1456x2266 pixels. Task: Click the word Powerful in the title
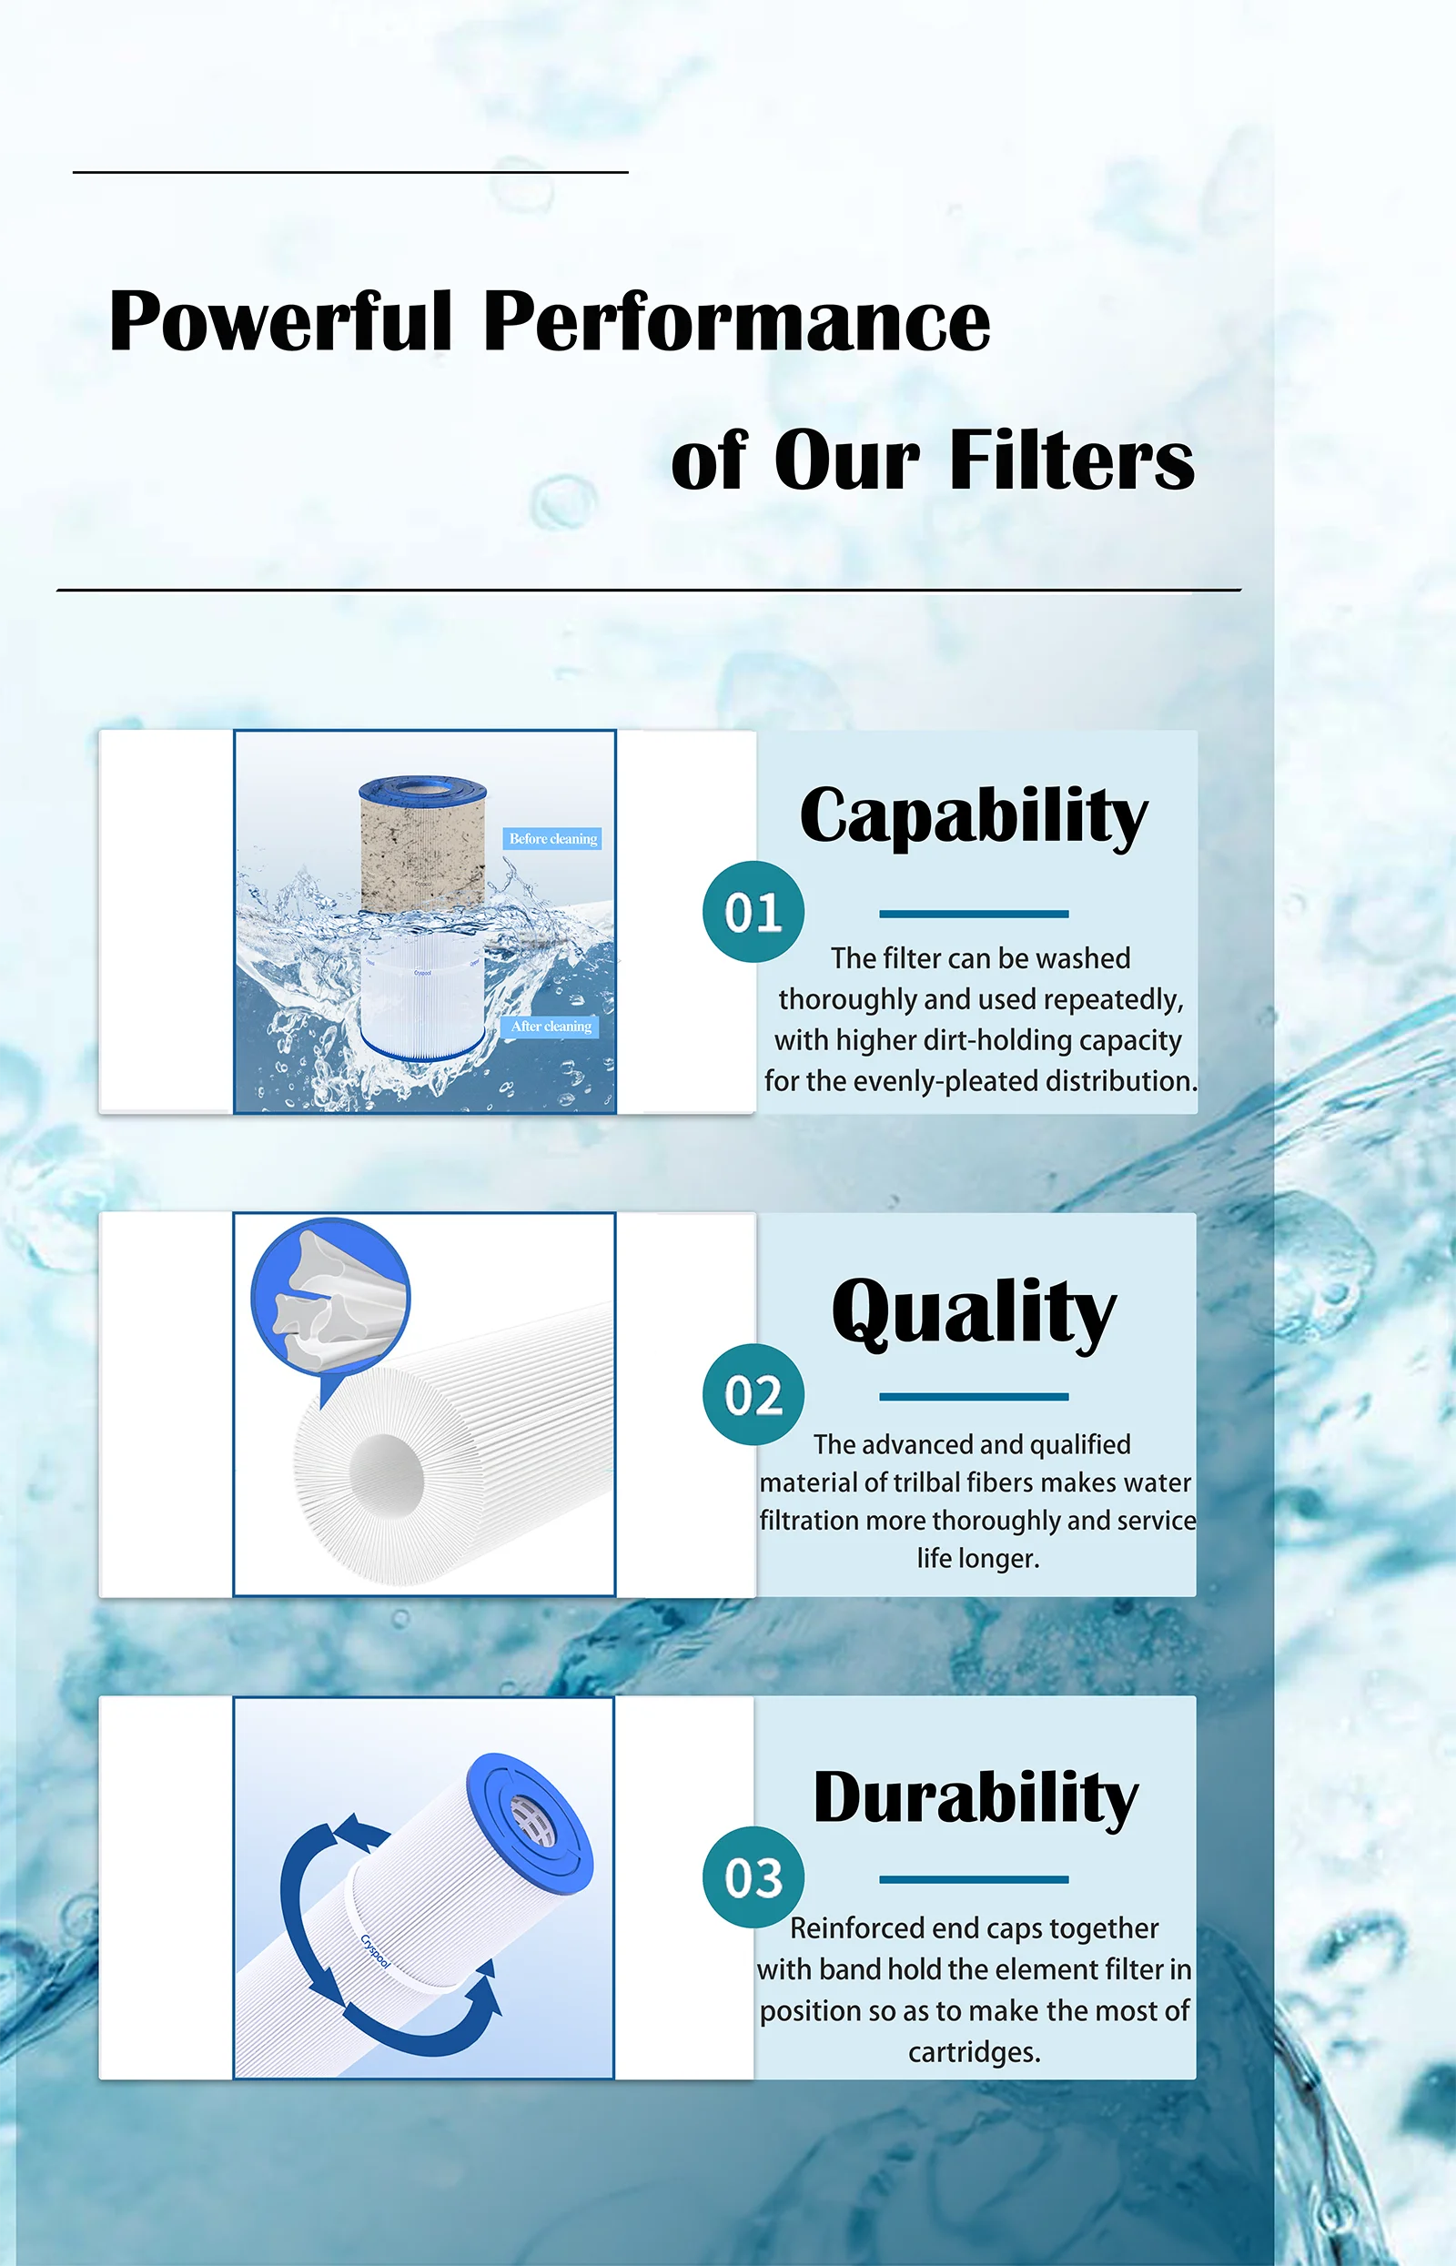(x=281, y=321)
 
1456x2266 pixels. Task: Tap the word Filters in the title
(x=1071, y=460)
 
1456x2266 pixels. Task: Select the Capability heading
(x=973, y=815)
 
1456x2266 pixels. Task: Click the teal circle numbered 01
(x=753, y=912)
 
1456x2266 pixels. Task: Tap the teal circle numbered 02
(x=753, y=1394)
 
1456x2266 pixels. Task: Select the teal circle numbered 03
(x=753, y=1877)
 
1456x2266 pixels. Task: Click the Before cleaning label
(x=553, y=838)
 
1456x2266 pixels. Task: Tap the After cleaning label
(x=551, y=1026)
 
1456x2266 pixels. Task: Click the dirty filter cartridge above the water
(x=421, y=846)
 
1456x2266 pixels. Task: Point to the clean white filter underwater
(x=422, y=1002)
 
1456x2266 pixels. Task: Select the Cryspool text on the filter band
(x=375, y=1951)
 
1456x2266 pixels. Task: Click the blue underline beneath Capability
(x=973, y=915)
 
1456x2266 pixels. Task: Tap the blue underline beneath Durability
(x=973, y=1879)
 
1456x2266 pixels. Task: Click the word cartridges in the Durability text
(x=973, y=2051)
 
